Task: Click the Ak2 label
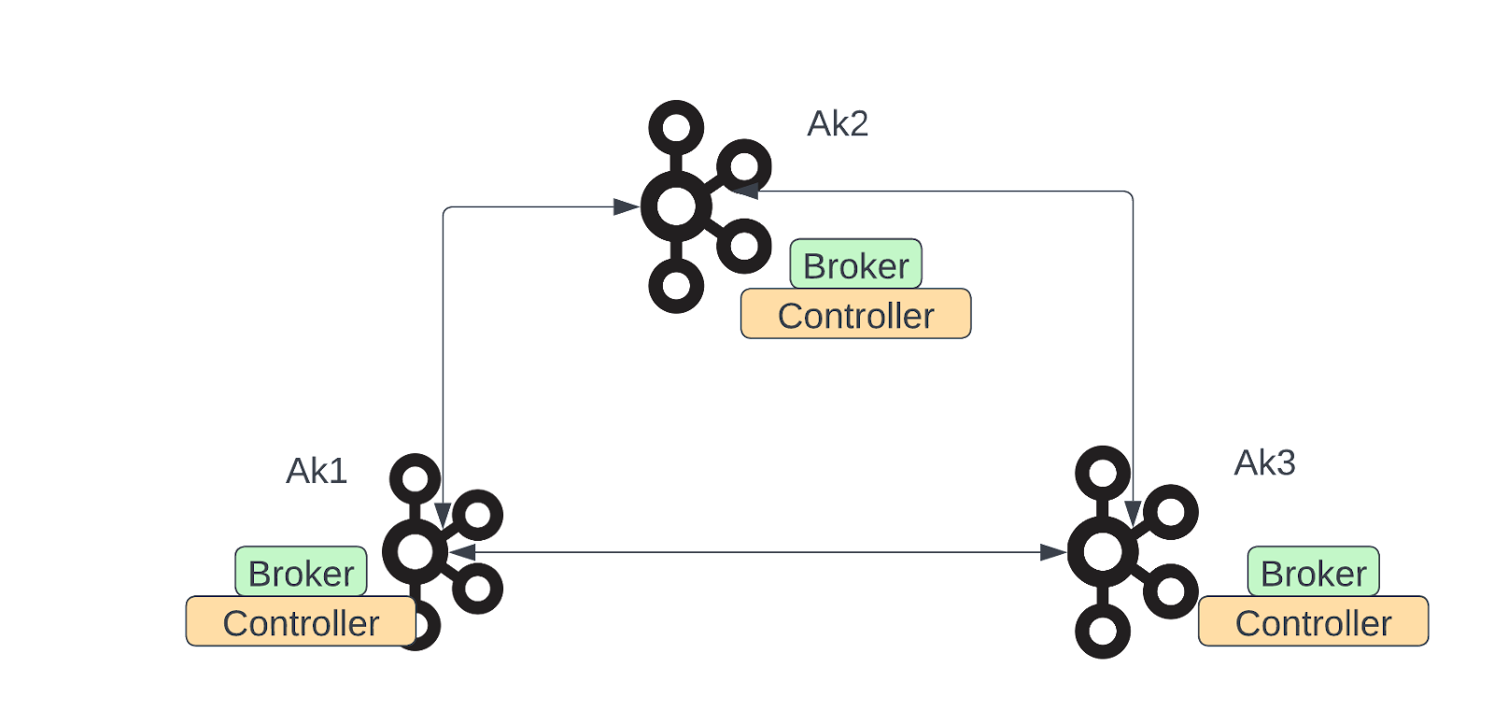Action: [x=838, y=124]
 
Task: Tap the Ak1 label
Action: [x=317, y=471]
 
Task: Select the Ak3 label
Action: [x=1264, y=463]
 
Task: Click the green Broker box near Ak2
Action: [x=855, y=265]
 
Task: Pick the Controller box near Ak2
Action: [x=855, y=315]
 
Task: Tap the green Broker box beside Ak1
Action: [x=301, y=573]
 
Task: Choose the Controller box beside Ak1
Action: [x=301, y=622]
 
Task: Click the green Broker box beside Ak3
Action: [x=1313, y=573]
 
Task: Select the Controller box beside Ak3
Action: [x=1313, y=622]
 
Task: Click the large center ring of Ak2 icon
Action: [x=676, y=206]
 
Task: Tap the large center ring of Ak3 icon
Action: [x=1103, y=552]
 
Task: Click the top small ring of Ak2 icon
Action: [x=676, y=127]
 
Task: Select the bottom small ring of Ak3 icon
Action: [x=1103, y=632]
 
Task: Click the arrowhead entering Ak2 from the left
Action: [x=626, y=207]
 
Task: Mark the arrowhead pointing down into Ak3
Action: [x=1133, y=514]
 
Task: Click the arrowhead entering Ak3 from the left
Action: [x=1052, y=553]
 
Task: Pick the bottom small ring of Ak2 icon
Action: [x=676, y=285]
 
